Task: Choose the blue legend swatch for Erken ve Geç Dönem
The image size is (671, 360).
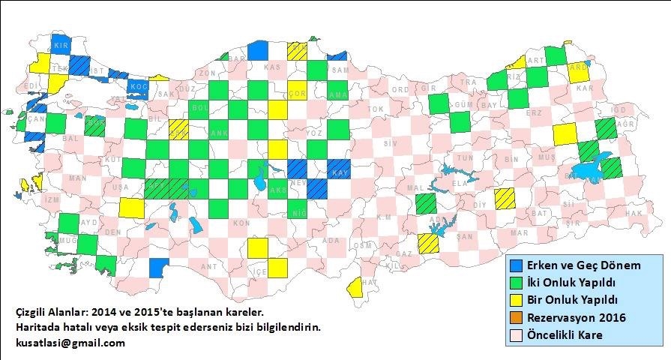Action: click(517, 265)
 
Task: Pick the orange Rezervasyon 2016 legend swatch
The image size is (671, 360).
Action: click(517, 318)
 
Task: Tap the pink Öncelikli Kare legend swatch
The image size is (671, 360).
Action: click(517, 335)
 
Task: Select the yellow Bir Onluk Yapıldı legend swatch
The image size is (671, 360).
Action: click(517, 301)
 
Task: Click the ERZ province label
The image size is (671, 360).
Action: click(534, 112)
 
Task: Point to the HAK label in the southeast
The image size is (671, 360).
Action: click(634, 214)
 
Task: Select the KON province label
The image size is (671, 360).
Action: click(240, 223)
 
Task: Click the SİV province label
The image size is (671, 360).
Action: click(388, 142)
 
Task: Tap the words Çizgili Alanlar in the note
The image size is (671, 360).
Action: click(50, 311)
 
